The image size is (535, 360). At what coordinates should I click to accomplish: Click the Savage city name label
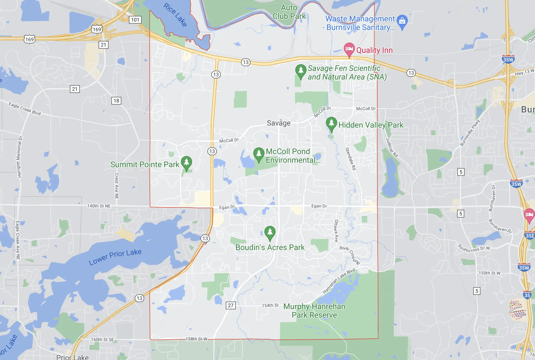(278, 123)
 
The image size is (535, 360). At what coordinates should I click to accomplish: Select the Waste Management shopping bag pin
(402, 21)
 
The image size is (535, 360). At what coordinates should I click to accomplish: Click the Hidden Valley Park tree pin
(331, 124)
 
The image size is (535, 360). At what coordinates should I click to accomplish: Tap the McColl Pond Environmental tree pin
(259, 154)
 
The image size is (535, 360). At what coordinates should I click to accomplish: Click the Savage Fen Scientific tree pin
(301, 71)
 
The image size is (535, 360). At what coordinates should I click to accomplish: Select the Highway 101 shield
(135, 20)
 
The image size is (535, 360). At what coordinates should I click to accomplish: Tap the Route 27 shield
(231, 305)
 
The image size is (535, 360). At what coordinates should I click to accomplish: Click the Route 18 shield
(116, 101)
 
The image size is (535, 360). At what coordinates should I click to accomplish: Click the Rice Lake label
(175, 15)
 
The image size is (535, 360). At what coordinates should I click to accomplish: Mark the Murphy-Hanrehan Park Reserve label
(314, 310)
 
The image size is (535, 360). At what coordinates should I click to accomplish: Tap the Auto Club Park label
(289, 12)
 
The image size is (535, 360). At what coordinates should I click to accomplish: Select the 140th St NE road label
(99, 206)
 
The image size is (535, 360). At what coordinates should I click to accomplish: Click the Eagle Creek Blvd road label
(24, 109)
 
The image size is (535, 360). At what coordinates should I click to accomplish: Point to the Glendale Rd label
(351, 159)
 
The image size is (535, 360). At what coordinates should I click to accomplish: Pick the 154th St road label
(270, 305)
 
